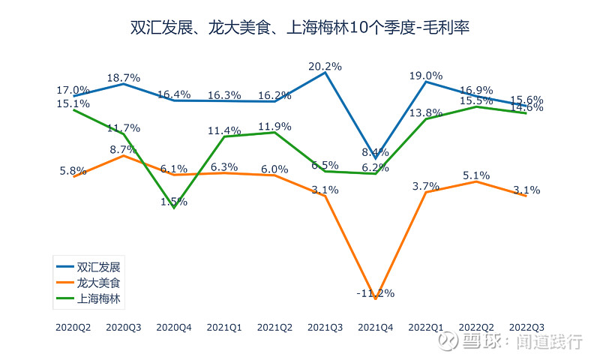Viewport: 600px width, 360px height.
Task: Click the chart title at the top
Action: click(300, 28)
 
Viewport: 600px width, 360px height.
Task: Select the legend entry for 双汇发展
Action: click(98, 266)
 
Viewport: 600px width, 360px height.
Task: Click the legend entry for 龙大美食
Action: click(98, 283)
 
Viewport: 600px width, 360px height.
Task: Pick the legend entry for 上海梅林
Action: click(98, 299)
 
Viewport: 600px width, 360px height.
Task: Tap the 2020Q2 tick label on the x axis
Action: click(73, 328)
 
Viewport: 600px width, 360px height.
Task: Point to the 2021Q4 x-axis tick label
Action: click(375, 328)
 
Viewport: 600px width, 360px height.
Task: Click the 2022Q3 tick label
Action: click(526, 328)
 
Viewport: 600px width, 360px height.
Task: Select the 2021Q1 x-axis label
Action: click(224, 328)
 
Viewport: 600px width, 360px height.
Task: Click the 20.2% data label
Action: click(325, 66)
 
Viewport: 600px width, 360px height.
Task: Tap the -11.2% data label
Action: click(375, 292)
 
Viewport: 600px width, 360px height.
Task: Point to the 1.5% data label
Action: click(174, 201)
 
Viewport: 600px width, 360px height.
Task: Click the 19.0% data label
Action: click(425, 75)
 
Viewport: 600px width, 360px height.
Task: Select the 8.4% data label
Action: click(375, 151)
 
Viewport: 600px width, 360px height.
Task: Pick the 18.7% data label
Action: click(124, 77)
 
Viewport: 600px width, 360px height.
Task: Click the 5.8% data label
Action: click(73, 170)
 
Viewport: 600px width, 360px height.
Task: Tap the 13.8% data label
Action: click(425, 112)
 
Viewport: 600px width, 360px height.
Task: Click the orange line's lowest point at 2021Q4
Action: click(375, 298)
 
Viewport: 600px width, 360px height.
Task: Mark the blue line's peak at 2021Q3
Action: click(325, 73)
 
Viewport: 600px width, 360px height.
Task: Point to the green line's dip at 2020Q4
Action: click(174, 208)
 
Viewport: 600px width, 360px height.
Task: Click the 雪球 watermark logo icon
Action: click(448, 342)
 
